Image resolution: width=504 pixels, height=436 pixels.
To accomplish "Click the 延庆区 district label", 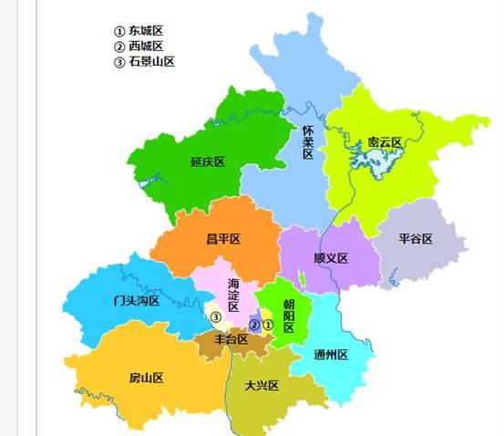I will pos(208,161).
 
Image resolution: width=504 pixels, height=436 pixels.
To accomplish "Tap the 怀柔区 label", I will pos(308,143).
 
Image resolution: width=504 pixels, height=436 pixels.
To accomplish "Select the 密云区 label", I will pos(385,143).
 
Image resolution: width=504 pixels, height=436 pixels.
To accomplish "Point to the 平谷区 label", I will pos(415,239).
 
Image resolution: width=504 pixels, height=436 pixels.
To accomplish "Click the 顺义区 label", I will pos(330,258).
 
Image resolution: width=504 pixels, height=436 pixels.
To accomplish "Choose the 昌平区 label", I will pos(222,239).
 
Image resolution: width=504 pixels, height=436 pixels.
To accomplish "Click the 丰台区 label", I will pos(231,339).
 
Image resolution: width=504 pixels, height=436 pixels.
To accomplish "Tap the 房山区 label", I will pos(146,378).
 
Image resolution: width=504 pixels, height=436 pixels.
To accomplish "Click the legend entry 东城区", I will pos(145,31).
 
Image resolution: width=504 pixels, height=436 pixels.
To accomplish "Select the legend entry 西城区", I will pos(145,47).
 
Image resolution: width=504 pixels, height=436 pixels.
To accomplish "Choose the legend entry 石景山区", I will pos(150,62).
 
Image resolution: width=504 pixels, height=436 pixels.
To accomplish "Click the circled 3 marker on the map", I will pos(216,317).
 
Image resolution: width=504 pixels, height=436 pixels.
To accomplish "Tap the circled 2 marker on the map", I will pos(255,325).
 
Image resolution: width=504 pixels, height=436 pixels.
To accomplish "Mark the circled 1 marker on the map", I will pos(268,325).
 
